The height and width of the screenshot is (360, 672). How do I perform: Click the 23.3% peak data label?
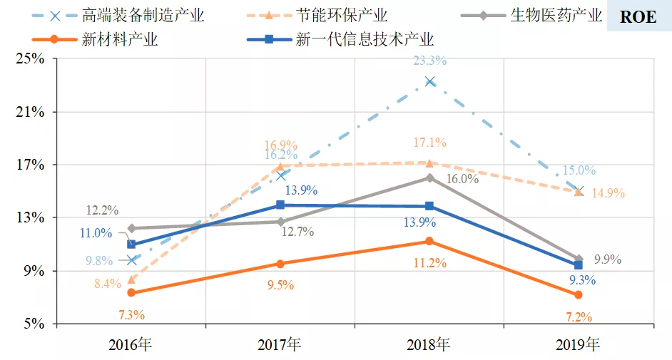(x=430, y=61)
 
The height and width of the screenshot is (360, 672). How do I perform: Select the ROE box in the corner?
(x=638, y=16)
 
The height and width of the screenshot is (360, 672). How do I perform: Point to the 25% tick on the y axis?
(x=31, y=59)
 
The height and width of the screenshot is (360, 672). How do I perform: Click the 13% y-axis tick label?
(x=31, y=217)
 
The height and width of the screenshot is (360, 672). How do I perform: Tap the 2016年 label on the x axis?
(x=131, y=345)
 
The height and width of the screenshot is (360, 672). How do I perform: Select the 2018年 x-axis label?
(x=429, y=345)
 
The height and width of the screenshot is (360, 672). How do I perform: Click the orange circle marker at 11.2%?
(x=429, y=242)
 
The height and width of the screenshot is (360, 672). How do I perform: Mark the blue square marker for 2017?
(x=280, y=205)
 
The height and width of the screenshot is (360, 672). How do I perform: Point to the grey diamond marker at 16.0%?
(x=429, y=178)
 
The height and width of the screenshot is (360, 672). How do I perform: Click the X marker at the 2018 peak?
(x=429, y=81)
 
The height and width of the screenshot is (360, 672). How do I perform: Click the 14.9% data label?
(x=609, y=193)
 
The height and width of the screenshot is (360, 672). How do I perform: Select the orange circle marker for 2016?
(x=131, y=293)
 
